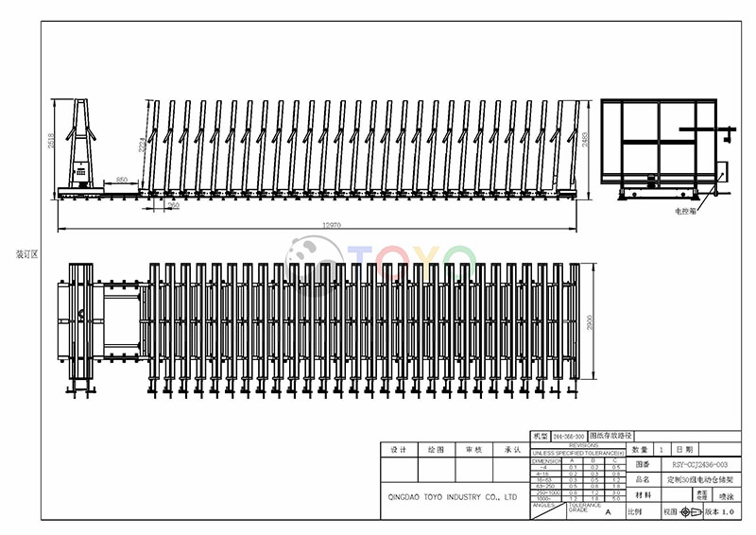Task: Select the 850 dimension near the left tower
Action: [x=121, y=179]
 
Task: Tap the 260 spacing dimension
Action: [x=173, y=204]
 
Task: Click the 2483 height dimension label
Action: [x=585, y=142]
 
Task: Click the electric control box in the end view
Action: [x=723, y=172]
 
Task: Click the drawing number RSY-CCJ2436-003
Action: [x=699, y=465]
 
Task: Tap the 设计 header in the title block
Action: [x=398, y=450]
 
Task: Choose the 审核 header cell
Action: [x=474, y=450]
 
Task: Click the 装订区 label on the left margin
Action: [x=26, y=254]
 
